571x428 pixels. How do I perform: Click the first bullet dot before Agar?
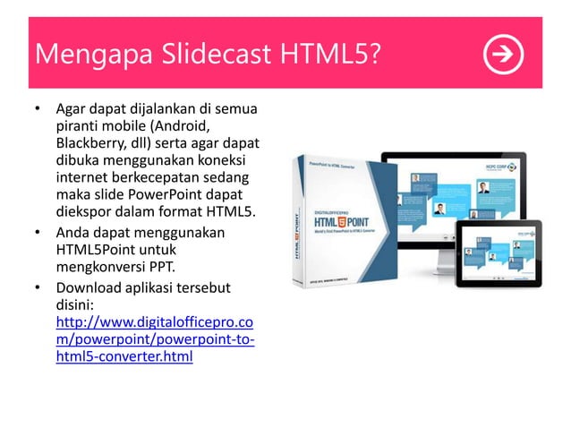[38, 111]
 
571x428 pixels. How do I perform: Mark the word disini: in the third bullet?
[79, 304]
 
